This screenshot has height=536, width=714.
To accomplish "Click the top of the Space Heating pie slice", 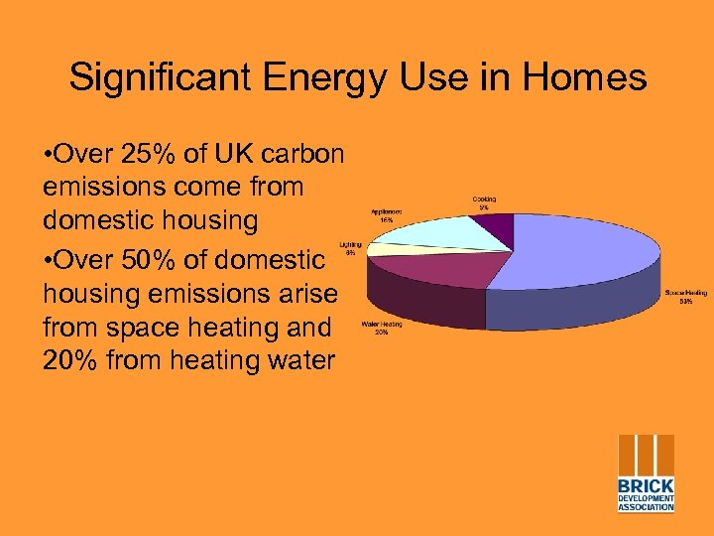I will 585,253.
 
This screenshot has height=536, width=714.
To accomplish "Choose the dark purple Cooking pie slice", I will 500,232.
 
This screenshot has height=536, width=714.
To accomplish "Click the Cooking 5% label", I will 484,203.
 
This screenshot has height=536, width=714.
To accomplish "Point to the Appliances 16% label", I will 387,215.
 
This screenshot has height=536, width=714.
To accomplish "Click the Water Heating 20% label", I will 381,329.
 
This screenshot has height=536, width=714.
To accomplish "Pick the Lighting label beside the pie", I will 350,248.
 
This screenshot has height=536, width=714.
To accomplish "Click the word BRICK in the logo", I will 647,486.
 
